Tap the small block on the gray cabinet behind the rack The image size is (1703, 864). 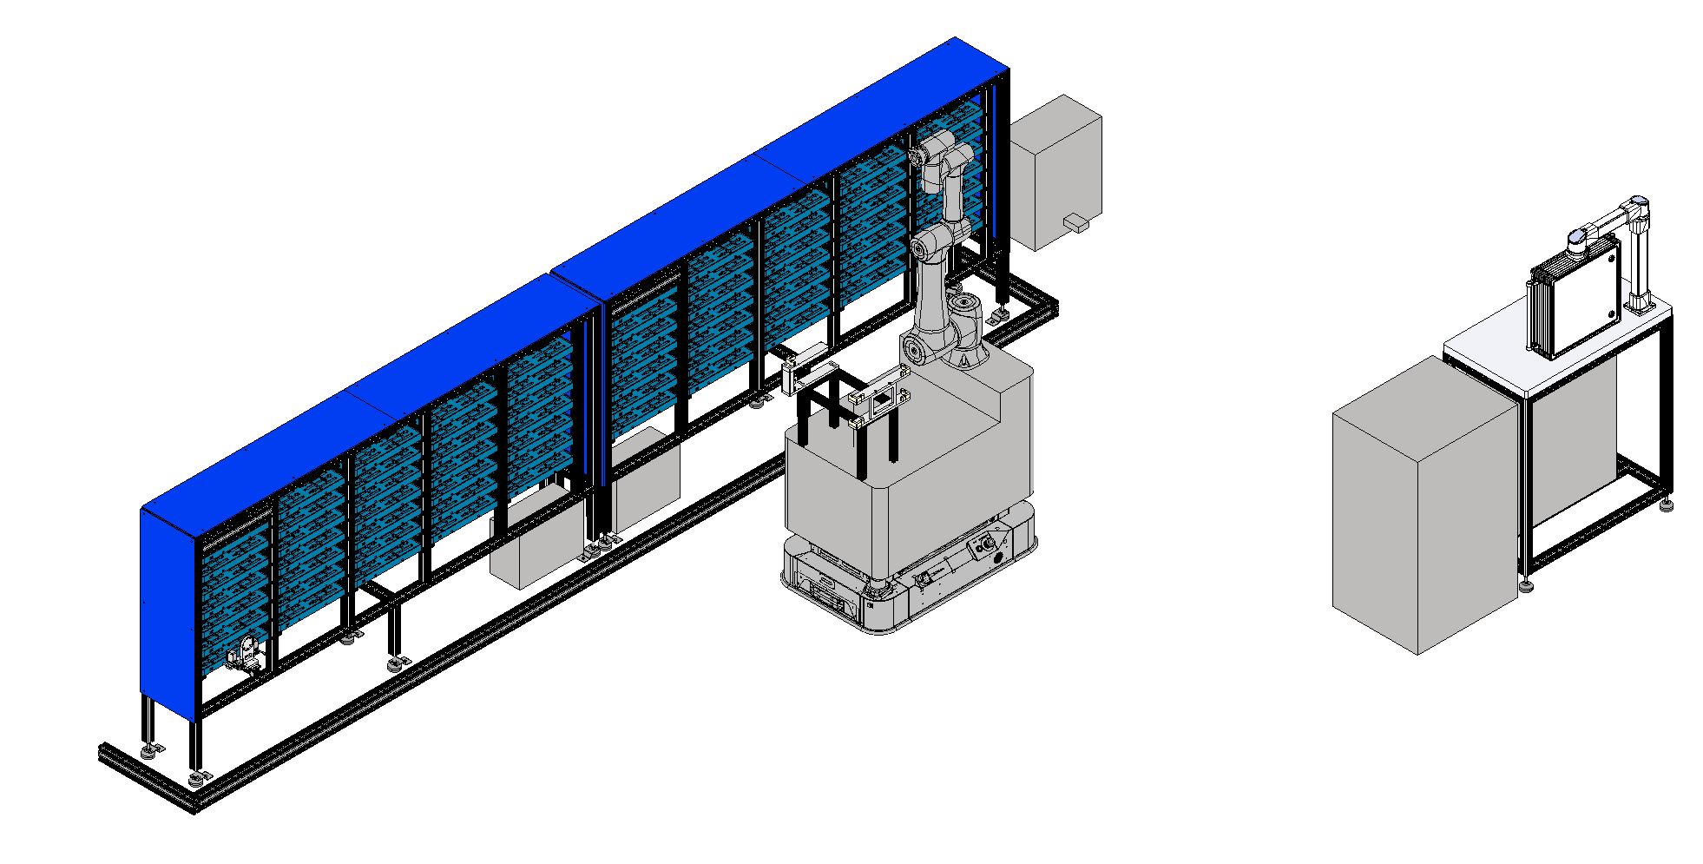pyautogui.click(x=1075, y=223)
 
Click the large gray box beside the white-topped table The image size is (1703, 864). pyautogui.click(x=1424, y=504)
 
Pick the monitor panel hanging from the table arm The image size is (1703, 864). pyautogui.click(x=1575, y=300)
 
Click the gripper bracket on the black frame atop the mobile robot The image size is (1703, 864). pyautogui.click(x=881, y=399)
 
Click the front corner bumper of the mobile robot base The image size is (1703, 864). pyautogui.click(x=877, y=612)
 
